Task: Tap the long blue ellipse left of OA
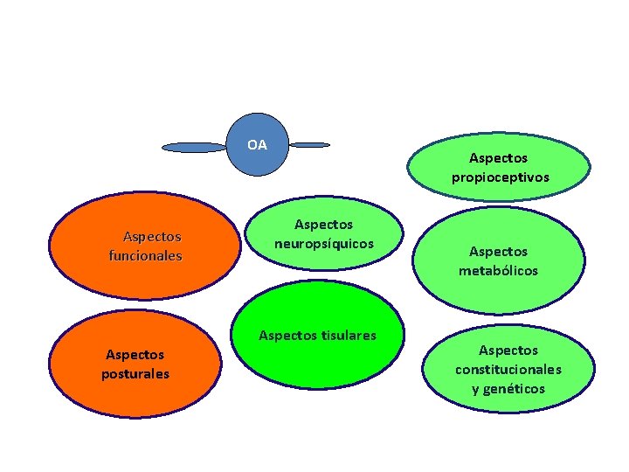[195, 148]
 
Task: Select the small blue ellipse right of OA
[310, 145]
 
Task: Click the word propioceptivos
[501, 177]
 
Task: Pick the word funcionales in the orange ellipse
[145, 256]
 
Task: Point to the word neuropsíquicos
[323, 244]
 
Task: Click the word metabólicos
[499, 271]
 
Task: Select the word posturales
[135, 374]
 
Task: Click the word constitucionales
[508, 370]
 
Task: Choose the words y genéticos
[508, 389]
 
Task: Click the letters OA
[257, 144]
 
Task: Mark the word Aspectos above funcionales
[152, 237]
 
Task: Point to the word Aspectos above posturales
[135, 355]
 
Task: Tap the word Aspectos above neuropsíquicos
[323, 225]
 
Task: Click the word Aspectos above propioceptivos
[498, 158]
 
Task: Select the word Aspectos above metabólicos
[498, 252]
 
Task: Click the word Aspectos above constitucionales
[508, 351]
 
